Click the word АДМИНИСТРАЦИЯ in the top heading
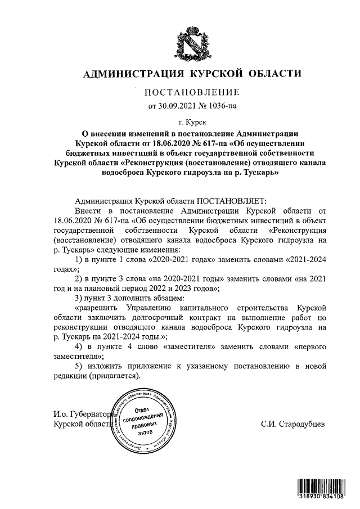tap(133, 74)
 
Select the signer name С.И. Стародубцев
tap(292, 425)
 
